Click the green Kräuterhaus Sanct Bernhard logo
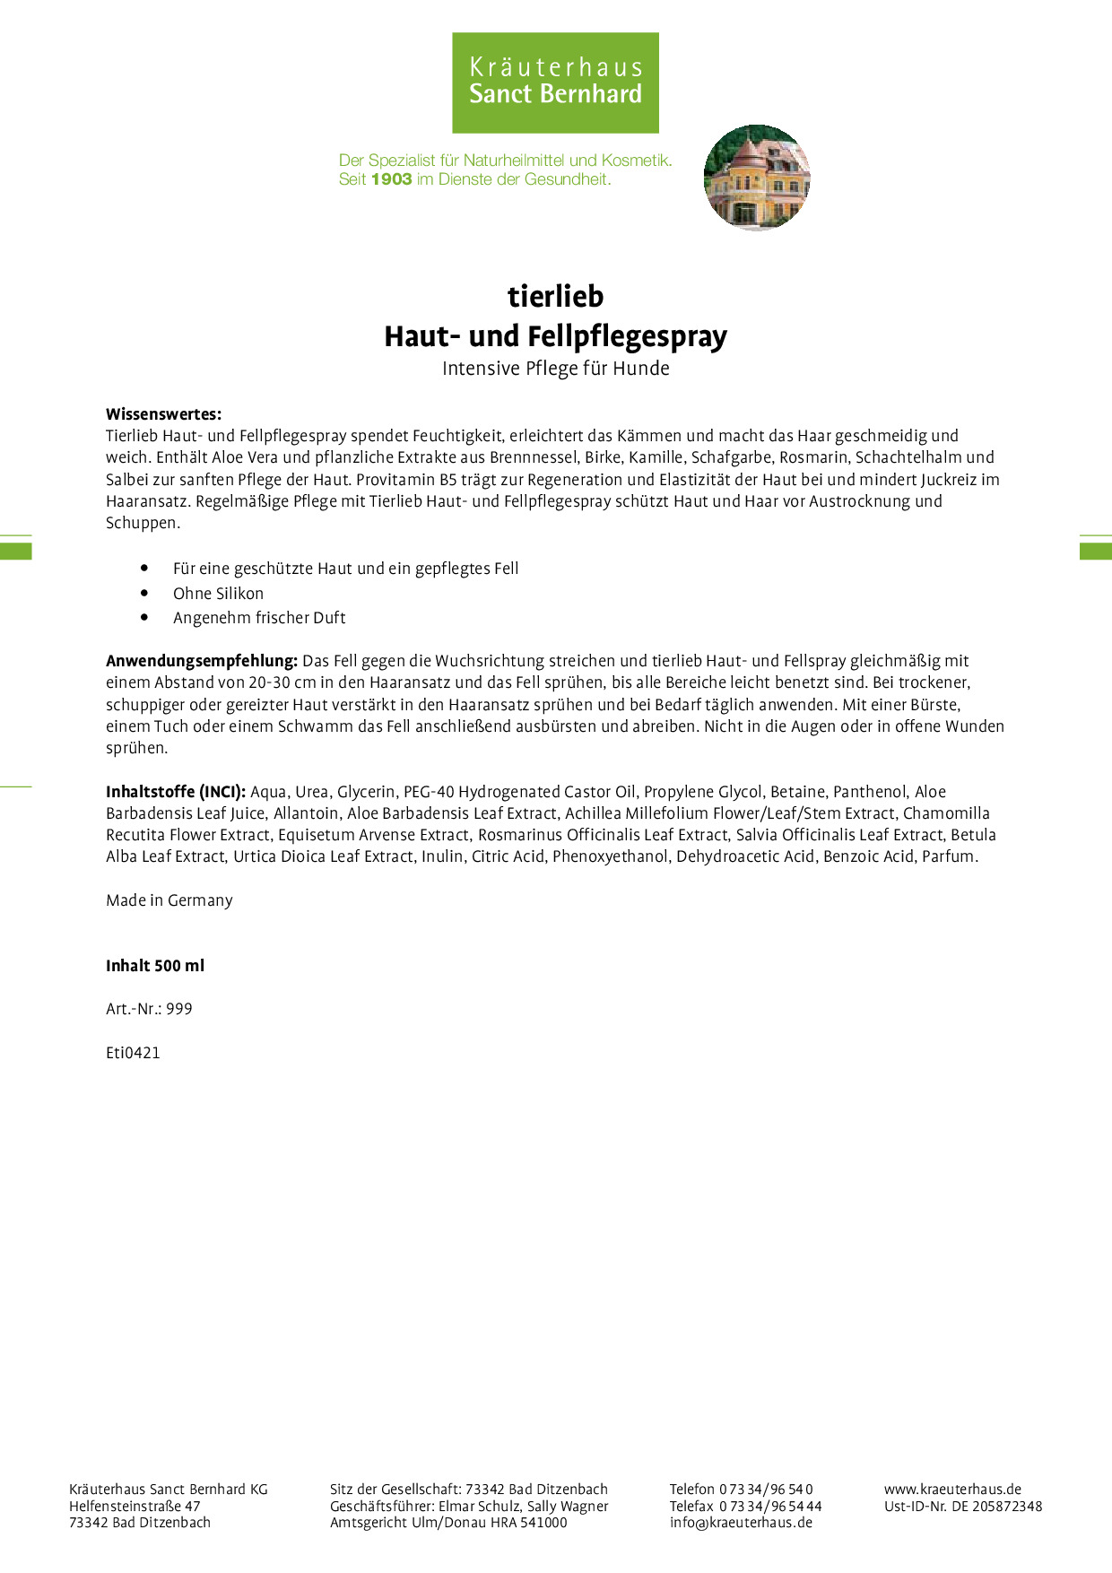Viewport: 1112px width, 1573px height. point(555,83)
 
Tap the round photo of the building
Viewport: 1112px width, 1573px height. point(757,178)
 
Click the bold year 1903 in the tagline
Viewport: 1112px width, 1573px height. point(391,179)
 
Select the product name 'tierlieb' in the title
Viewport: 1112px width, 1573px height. point(555,296)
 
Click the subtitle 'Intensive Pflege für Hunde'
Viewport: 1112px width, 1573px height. point(555,369)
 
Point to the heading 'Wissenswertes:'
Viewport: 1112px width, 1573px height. point(163,414)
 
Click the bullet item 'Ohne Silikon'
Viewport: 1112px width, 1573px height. point(218,594)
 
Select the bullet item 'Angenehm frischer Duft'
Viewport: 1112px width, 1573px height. point(259,618)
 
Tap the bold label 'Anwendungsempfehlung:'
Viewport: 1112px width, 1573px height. point(202,661)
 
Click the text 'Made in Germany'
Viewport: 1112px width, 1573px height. point(169,900)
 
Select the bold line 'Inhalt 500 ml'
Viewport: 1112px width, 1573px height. point(155,966)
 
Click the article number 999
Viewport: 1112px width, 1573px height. point(179,1009)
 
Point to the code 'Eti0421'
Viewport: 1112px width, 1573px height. point(133,1053)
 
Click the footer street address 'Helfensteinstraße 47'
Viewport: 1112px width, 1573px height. point(135,1507)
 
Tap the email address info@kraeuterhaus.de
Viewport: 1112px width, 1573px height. point(741,1523)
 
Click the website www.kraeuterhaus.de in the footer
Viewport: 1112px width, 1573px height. point(952,1490)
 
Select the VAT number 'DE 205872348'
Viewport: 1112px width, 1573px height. point(996,1507)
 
